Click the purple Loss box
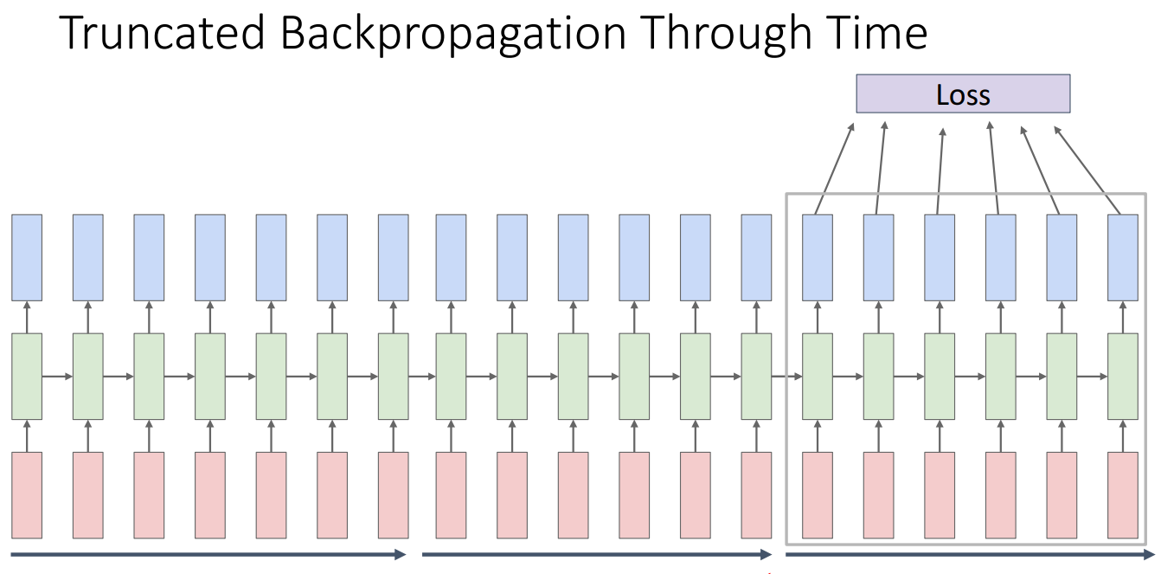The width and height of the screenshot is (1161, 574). [963, 94]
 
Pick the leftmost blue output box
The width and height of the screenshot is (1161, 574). [27, 257]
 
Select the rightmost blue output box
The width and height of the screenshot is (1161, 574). [1123, 257]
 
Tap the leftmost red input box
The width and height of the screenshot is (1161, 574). [27, 494]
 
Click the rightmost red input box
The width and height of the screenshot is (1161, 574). [1123, 494]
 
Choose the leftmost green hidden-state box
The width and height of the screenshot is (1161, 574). [27, 376]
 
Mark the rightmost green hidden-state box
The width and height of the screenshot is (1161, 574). [1123, 376]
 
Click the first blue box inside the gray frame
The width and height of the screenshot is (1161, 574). [818, 257]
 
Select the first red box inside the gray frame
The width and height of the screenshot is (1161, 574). [818, 494]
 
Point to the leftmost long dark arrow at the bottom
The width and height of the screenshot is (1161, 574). [208, 554]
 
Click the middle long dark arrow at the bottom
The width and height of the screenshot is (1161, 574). [596, 554]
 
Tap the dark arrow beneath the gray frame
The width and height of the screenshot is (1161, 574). [968, 554]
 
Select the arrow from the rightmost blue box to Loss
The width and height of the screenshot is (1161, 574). [1088, 171]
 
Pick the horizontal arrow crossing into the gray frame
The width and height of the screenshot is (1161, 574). [786, 377]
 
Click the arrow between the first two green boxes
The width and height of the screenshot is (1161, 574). [57, 377]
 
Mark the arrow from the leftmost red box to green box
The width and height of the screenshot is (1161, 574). [27, 435]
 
